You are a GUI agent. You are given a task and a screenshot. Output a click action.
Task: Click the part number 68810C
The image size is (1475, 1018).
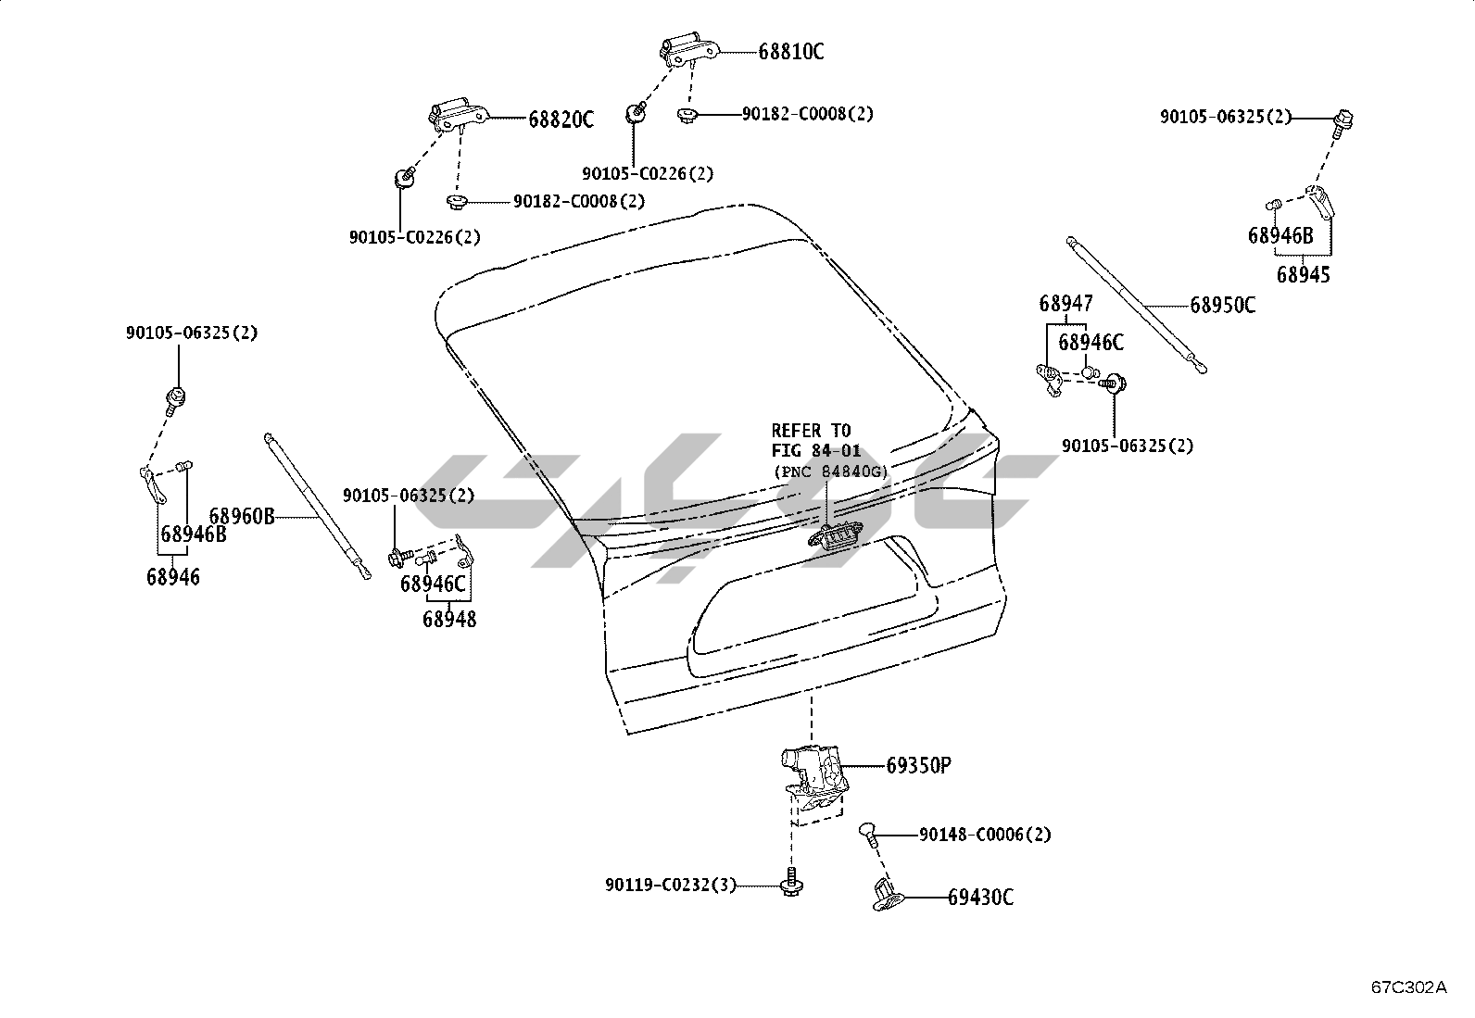(790, 52)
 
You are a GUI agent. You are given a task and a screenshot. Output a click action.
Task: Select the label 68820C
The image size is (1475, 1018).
(561, 119)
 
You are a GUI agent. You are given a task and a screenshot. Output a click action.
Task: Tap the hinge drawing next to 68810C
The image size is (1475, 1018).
(689, 52)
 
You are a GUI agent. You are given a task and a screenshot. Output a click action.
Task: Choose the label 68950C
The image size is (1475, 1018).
(1223, 305)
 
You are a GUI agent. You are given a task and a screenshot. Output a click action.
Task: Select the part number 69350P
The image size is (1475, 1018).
(919, 765)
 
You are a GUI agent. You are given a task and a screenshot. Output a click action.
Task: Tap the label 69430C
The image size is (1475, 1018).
(980, 897)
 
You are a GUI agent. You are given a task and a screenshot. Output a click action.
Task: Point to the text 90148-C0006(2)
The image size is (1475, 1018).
(985, 835)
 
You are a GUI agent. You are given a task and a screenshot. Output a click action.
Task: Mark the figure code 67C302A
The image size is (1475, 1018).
(1408, 987)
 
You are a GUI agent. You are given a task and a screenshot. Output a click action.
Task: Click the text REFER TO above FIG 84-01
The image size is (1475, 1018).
(811, 431)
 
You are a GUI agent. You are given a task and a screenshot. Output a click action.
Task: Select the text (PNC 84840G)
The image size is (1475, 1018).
(830, 471)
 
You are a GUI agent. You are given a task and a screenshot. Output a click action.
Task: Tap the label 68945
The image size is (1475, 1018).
(1303, 274)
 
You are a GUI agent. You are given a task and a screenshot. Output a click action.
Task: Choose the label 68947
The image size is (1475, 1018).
(1065, 303)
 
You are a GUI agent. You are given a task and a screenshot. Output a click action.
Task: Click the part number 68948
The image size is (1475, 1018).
(449, 619)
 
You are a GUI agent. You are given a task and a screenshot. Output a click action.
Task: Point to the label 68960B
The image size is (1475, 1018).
(242, 516)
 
